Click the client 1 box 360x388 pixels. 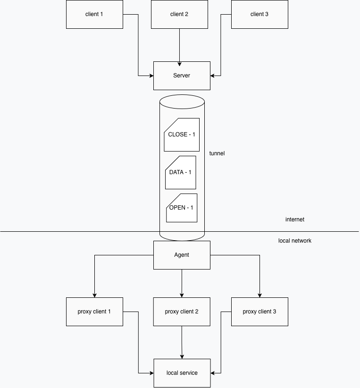click(x=94, y=14)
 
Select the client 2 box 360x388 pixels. click(x=179, y=14)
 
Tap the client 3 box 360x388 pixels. click(x=260, y=14)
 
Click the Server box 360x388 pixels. click(x=182, y=76)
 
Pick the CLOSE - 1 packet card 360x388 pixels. click(x=182, y=135)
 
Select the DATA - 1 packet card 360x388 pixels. click(x=181, y=172)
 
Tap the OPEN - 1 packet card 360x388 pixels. click(x=182, y=208)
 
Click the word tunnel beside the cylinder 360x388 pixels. click(x=217, y=153)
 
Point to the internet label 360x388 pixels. click(x=295, y=219)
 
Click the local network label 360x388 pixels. click(x=295, y=241)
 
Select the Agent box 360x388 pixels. click(x=182, y=255)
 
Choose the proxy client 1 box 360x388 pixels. click(x=94, y=312)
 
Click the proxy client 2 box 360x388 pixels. click(x=182, y=312)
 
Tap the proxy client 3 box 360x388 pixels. click(x=260, y=312)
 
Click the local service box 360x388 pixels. click(x=182, y=373)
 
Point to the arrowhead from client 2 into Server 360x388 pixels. click(x=179, y=64)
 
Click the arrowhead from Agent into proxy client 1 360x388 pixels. click(x=94, y=295)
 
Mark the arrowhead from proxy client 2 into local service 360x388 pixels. click(x=182, y=357)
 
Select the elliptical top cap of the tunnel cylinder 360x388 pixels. click(x=182, y=101)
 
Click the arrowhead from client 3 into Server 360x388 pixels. click(x=212, y=76)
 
